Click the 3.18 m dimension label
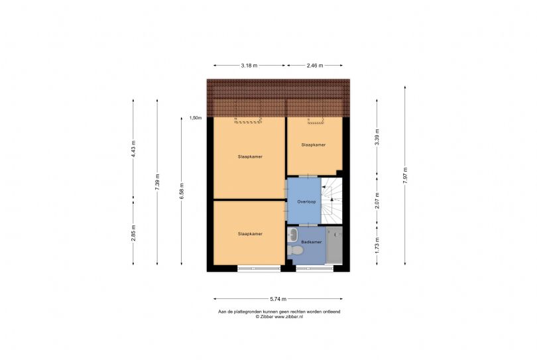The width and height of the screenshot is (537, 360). [x=249, y=66]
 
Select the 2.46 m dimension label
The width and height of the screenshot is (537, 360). [x=315, y=66]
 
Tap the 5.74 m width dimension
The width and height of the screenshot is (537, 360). [x=278, y=299]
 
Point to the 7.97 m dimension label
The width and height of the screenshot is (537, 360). [x=405, y=176]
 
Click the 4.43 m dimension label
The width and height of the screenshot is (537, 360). [x=133, y=149]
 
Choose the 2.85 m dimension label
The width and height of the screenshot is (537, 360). [x=133, y=233]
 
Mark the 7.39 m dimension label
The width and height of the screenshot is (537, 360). [x=157, y=182]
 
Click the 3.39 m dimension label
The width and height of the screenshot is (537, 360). [x=377, y=137]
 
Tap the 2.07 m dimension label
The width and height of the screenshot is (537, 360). [x=377, y=201]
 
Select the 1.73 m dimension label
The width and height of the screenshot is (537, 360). [x=377, y=245]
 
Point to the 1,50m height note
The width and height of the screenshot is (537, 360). [x=196, y=118]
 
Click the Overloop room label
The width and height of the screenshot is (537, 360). [x=306, y=202]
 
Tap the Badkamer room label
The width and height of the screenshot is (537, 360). [x=312, y=242]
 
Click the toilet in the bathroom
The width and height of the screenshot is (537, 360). [x=295, y=250]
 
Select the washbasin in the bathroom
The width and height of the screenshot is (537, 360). [x=293, y=235]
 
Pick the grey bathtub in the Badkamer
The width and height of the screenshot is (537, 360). [x=334, y=245]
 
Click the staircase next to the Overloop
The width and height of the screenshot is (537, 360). [x=331, y=201]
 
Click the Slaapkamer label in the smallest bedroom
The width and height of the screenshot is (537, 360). [x=314, y=145]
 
